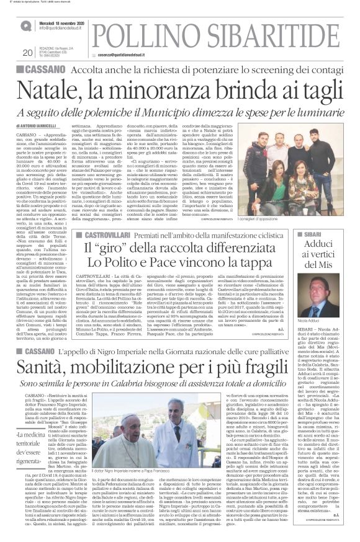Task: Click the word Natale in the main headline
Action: (x=53, y=91)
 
